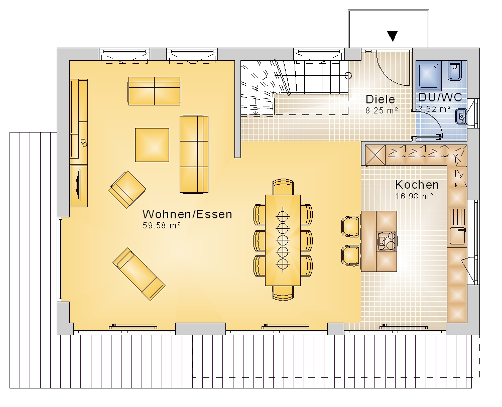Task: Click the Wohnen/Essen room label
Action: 187,214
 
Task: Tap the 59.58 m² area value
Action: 162,225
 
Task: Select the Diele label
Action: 381,99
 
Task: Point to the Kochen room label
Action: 417,185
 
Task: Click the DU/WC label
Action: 440,97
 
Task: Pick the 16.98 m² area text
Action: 414,196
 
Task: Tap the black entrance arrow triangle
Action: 393,36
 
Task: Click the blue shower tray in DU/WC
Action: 429,75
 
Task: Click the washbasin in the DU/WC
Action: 460,116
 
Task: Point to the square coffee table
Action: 152,145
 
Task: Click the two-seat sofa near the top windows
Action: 154,91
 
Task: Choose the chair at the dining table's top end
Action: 283,187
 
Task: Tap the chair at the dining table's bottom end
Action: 283,293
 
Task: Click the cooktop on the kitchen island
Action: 387,240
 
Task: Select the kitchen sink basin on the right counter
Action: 457,236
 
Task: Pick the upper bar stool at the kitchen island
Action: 350,226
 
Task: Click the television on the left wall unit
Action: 78,185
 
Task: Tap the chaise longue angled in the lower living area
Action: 139,274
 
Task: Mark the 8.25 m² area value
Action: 382,111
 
